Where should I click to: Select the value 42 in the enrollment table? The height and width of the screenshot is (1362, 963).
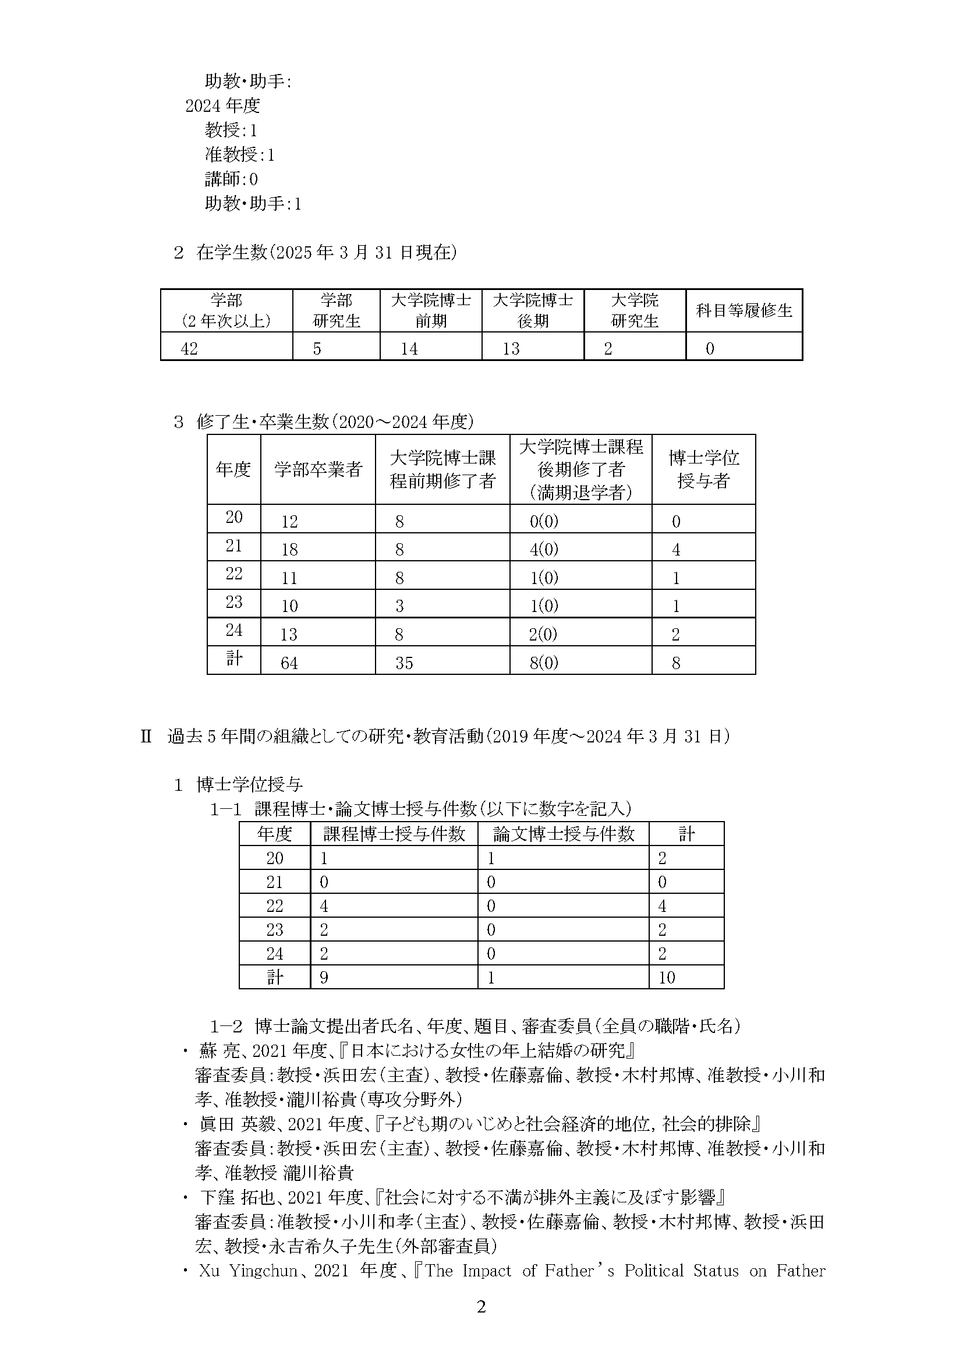189,349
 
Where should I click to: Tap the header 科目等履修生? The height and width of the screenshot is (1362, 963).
744,311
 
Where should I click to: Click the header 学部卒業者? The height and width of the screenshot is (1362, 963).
318,470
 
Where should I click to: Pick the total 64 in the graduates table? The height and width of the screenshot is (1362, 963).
289,663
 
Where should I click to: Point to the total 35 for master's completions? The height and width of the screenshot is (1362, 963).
405,663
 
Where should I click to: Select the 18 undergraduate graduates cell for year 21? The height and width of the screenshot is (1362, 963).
289,549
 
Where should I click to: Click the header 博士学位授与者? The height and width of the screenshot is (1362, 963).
703,469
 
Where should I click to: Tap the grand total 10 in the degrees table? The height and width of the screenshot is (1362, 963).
667,977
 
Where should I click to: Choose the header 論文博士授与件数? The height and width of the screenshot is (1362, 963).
564,834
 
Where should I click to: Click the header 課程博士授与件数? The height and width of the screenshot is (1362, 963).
394,834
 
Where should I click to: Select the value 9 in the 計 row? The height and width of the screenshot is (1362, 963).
324,977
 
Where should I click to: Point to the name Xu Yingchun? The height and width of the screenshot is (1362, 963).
249,1271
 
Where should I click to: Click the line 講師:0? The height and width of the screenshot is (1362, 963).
231,179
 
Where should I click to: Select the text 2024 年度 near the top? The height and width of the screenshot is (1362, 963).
222,105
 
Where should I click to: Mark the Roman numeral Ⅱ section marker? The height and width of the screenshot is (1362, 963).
146,737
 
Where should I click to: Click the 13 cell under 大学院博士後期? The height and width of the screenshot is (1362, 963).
511,349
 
